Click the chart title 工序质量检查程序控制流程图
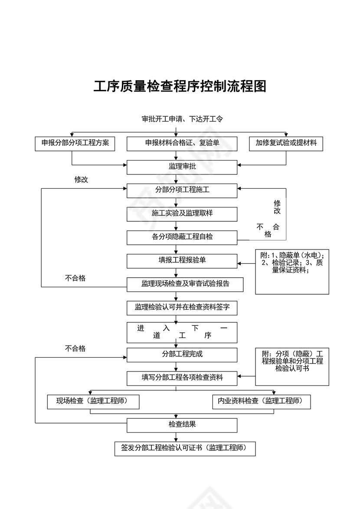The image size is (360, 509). point(180,86)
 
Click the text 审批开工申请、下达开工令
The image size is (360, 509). point(182,119)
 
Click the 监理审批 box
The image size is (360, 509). point(182,167)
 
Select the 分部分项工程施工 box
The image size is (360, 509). point(182,190)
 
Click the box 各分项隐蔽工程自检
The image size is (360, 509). point(182,237)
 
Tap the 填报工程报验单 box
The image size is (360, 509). point(182,261)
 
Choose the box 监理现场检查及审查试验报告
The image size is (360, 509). point(185,285)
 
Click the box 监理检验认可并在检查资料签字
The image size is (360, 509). point(182,308)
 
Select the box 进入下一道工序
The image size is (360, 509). point(182,332)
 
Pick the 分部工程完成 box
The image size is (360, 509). point(182,355)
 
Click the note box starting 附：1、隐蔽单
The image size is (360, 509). point(292,272)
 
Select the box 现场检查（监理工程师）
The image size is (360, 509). point(93,402)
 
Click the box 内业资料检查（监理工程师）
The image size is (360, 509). point(262,402)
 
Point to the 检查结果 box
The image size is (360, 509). point(182,425)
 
